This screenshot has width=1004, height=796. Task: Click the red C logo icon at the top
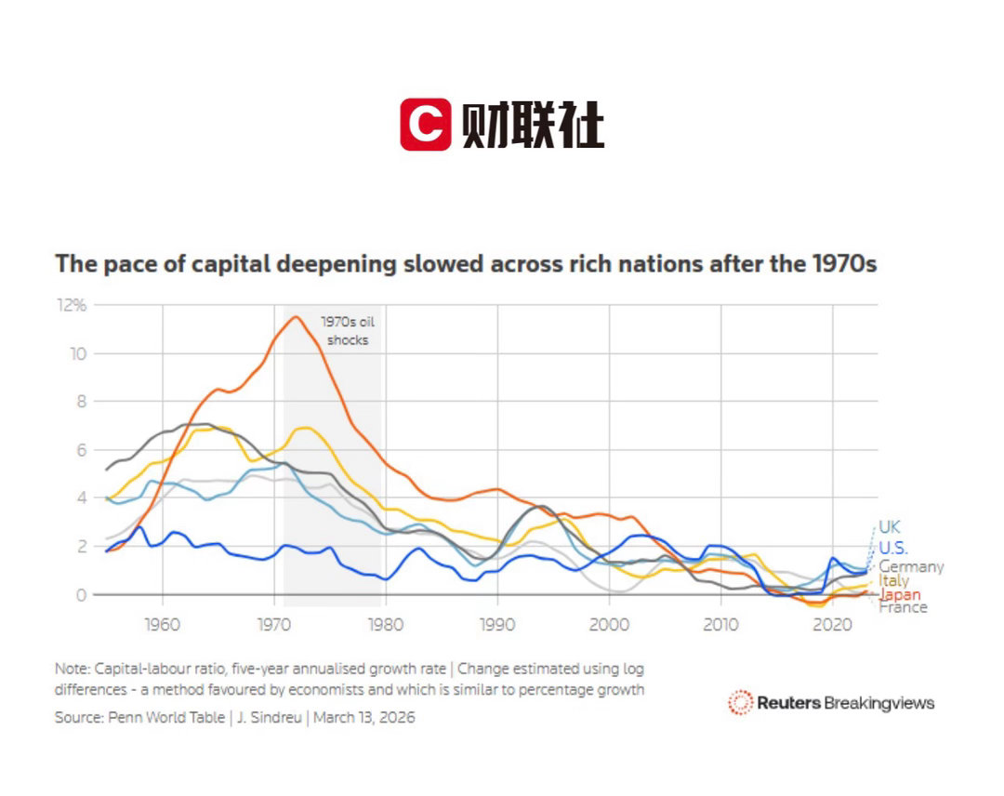tap(425, 125)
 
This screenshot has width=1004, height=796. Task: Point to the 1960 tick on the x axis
tap(162, 622)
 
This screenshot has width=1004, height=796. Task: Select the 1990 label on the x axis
tap(497, 622)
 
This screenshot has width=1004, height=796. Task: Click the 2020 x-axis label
tap(832, 622)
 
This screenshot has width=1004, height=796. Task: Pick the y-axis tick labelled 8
tap(80, 402)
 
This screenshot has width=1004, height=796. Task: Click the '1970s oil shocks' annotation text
tap(347, 330)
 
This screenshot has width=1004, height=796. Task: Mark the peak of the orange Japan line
tap(296, 317)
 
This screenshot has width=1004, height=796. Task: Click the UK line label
tap(890, 527)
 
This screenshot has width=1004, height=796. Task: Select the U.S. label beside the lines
tap(893, 548)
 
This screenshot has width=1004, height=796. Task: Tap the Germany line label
tap(911, 566)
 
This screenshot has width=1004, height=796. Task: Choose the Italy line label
tap(894, 580)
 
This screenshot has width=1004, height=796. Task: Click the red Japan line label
tap(899, 594)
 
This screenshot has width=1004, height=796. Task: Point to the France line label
tap(902, 607)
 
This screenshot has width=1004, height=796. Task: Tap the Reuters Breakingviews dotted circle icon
tap(740, 702)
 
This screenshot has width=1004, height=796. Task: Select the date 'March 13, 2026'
tap(364, 718)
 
